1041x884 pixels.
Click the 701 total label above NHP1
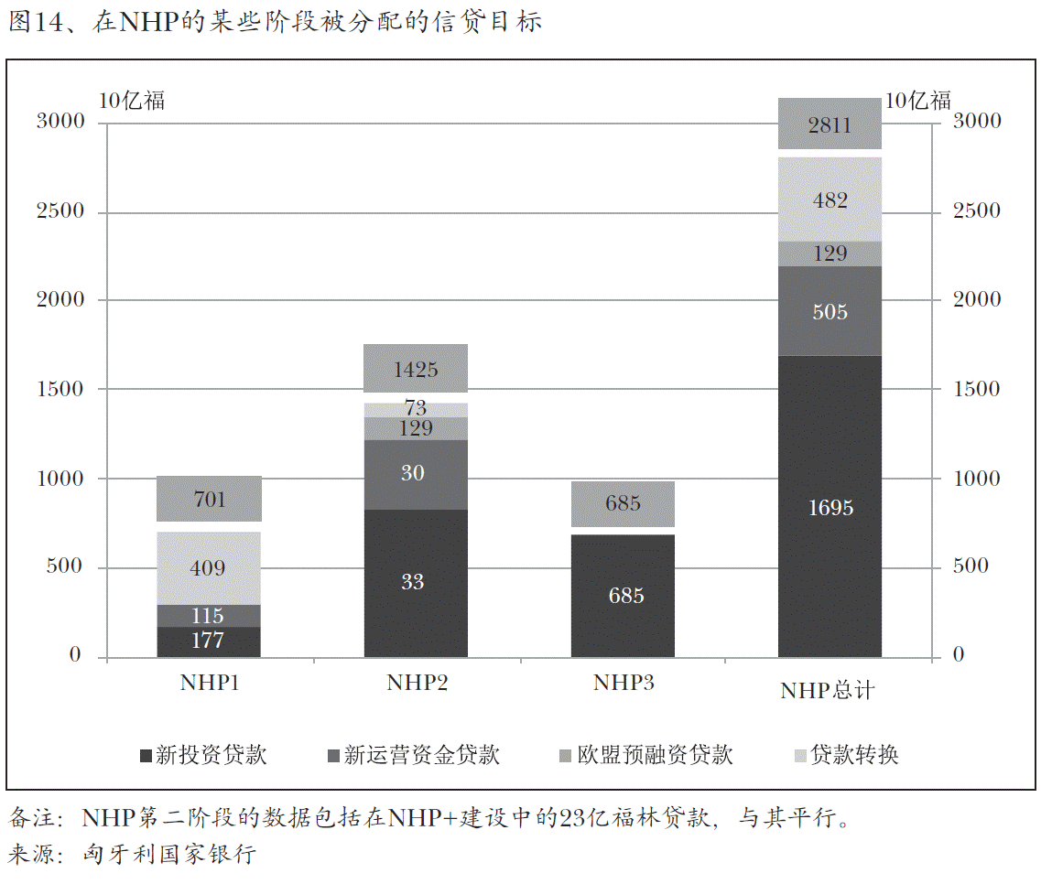coord(209,499)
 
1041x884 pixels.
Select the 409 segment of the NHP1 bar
coord(209,568)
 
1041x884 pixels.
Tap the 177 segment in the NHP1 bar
coord(209,641)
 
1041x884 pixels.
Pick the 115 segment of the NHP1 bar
coord(209,616)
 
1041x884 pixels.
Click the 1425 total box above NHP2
coord(416,369)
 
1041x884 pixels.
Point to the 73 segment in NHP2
coord(416,409)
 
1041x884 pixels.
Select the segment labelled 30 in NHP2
coord(416,474)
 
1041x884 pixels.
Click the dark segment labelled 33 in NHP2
coord(416,583)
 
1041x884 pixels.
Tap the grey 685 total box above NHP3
coord(623,503)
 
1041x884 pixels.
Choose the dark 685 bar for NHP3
coord(623,596)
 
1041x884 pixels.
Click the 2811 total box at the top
coord(830,124)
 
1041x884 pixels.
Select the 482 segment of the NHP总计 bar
coord(830,199)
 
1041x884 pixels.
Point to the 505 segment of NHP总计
coord(830,311)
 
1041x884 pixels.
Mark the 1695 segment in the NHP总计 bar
coord(830,507)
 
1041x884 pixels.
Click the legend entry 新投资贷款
coord(203,755)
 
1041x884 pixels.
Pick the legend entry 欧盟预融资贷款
coord(645,755)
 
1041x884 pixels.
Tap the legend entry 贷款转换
coord(846,755)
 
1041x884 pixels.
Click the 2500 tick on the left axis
coord(60,211)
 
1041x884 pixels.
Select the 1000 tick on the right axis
coord(976,479)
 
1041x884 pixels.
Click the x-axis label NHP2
coord(417,683)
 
